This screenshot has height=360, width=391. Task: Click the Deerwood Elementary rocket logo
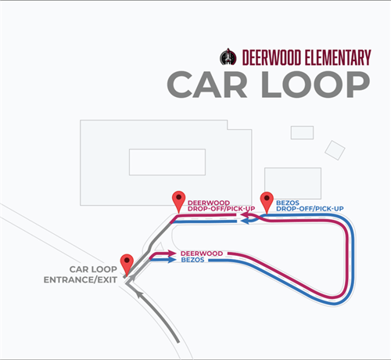228,57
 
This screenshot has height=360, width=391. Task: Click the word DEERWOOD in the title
271,57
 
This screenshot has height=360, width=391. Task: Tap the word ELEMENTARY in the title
338,57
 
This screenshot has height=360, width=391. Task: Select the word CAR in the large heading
207,85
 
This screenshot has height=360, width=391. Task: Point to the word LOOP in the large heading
316,85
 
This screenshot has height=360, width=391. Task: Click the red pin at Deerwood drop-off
179,202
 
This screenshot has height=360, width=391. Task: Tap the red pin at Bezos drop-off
267,203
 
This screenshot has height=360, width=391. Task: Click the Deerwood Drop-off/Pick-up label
221,206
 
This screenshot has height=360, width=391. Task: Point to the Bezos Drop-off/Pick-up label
310,206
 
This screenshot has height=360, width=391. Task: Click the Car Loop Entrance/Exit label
81,275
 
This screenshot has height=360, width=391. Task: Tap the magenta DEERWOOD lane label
202,254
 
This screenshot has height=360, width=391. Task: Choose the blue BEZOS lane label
192,260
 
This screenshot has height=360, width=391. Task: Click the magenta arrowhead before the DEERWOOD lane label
172,253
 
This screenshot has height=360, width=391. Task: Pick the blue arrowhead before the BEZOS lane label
172,260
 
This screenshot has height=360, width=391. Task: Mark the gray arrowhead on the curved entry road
140,295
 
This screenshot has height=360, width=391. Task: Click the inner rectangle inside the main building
167,162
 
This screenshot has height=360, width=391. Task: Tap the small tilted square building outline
335,150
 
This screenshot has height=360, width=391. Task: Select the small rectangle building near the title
302,132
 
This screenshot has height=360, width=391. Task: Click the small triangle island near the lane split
160,247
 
